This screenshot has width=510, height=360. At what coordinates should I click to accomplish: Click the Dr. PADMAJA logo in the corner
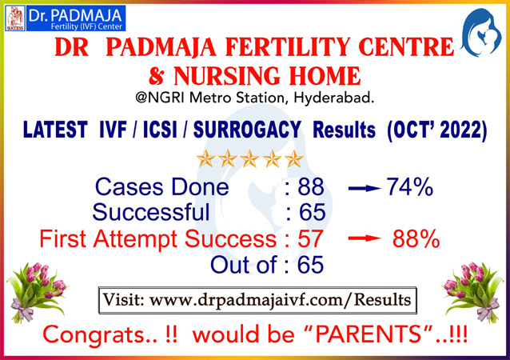click(66, 18)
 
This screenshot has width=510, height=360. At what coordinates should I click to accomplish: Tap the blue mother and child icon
click(481, 33)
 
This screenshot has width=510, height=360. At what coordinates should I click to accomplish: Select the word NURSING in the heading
click(227, 76)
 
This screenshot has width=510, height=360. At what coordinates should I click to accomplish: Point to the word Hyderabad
click(333, 98)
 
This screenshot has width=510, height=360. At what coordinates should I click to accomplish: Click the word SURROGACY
click(247, 130)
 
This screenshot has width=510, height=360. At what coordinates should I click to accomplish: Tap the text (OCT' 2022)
click(436, 130)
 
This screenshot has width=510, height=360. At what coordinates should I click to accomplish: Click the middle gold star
click(249, 159)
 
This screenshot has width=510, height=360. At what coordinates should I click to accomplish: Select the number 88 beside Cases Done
click(311, 187)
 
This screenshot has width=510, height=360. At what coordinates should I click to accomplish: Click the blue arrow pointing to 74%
click(365, 188)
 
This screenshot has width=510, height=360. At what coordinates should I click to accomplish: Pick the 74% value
click(410, 187)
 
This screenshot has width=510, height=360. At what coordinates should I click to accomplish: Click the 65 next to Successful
click(313, 212)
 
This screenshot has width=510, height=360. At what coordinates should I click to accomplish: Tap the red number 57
click(311, 239)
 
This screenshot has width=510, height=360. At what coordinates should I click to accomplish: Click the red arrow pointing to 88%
click(365, 238)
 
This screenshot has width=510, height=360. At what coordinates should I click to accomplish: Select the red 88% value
click(416, 239)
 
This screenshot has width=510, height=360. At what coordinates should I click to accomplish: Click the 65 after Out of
click(311, 264)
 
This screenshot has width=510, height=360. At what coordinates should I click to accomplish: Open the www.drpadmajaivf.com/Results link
click(280, 300)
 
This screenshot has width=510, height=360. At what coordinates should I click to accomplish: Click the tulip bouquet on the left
click(37, 292)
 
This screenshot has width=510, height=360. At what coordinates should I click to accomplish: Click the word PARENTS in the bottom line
click(368, 334)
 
